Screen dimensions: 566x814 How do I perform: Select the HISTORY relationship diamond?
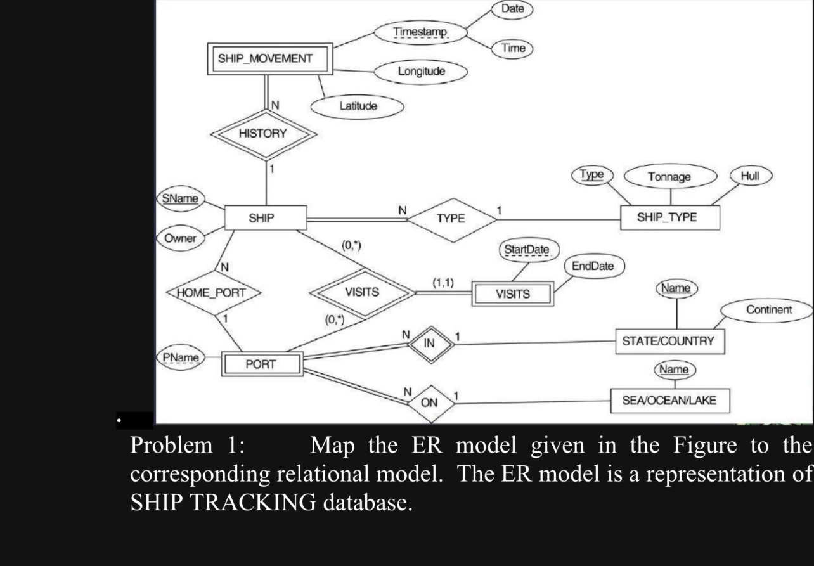click(262, 134)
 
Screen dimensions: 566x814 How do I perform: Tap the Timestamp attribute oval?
click(420, 32)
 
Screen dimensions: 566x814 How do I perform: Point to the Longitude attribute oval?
click(421, 71)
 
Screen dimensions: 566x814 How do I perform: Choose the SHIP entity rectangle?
click(266, 218)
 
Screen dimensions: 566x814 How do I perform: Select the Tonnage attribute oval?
click(669, 177)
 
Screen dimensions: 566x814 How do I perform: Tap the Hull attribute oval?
click(751, 176)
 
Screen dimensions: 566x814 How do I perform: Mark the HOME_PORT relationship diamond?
click(214, 293)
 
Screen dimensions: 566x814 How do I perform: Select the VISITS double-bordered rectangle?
click(512, 294)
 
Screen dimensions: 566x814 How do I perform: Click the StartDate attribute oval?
click(526, 250)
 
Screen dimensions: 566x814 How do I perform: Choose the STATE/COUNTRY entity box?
click(668, 341)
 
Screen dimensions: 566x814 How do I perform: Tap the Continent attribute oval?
click(768, 310)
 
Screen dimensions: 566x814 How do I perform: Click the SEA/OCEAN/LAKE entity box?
click(669, 401)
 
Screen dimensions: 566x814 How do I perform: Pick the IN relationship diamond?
click(430, 344)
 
